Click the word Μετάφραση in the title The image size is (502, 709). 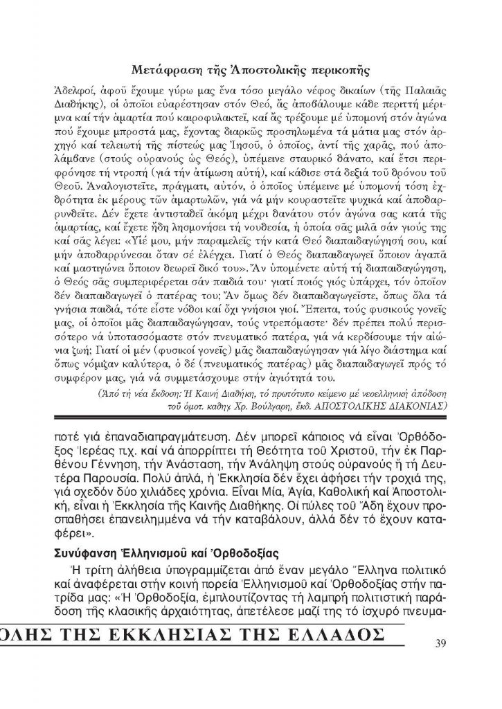coord(165,69)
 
